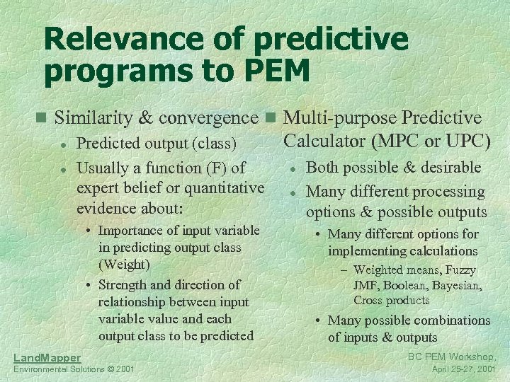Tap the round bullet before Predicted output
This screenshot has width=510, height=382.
tap(63, 144)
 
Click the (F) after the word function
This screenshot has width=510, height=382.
tap(215, 168)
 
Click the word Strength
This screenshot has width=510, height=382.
tap(122, 284)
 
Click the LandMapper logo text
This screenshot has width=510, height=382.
tap(47, 358)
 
